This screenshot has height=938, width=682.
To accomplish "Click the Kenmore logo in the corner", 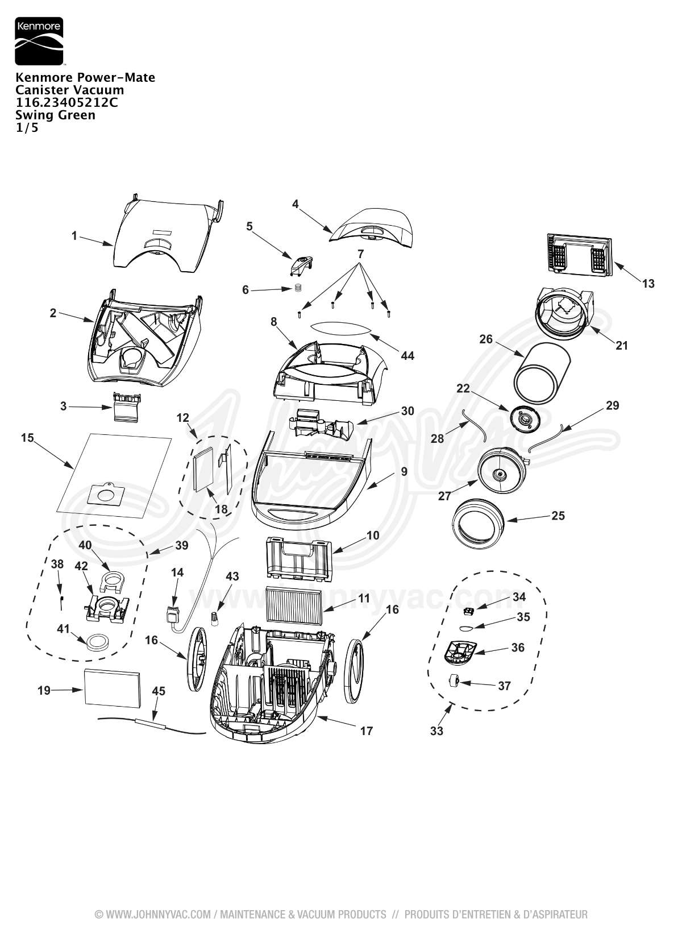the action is point(39,41).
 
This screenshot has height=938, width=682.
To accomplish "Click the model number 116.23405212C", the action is point(66,102).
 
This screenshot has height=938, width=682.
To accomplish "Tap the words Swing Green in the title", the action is point(55,115).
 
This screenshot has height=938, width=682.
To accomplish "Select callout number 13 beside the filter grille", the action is point(648,284).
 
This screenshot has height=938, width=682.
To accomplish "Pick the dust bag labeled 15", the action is point(114,475).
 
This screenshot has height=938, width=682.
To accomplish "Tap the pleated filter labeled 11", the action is point(294,604).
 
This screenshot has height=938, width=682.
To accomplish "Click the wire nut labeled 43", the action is point(215,618).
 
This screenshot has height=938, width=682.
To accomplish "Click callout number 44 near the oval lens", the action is point(407,355).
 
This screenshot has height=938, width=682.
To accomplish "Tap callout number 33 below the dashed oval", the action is point(436,731).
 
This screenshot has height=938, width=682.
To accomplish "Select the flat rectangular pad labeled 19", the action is point(112,688).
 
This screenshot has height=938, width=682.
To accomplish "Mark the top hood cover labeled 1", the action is point(168,236).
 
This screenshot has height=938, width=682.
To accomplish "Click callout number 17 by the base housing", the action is point(367,731).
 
